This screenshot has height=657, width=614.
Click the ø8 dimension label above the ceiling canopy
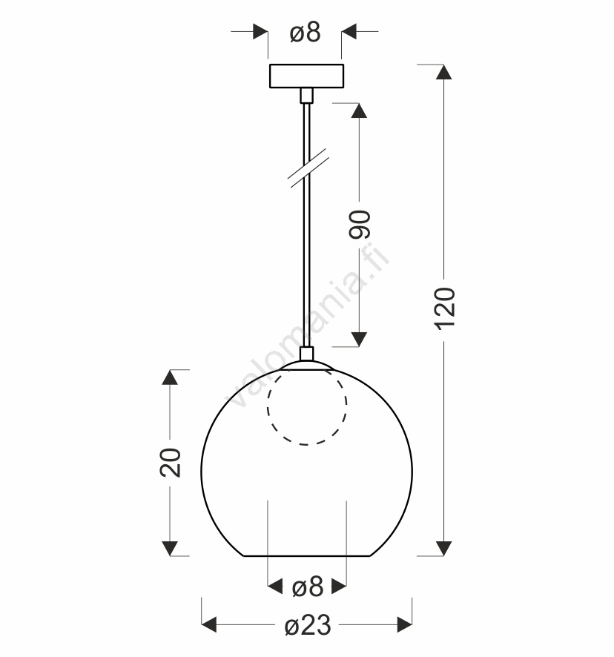pyautogui.click(x=305, y=33)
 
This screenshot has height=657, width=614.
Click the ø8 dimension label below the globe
pyautogui.click(x=308, y=587)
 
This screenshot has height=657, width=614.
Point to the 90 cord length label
pyautogui.click(x=360, y=225)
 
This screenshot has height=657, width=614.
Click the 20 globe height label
pyautogui.click(x=171, y=463)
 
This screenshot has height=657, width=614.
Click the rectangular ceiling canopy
pyautogui.click(x=306, y=76)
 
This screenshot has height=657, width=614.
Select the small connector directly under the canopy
pyautogui.click(x=306, y=95)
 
